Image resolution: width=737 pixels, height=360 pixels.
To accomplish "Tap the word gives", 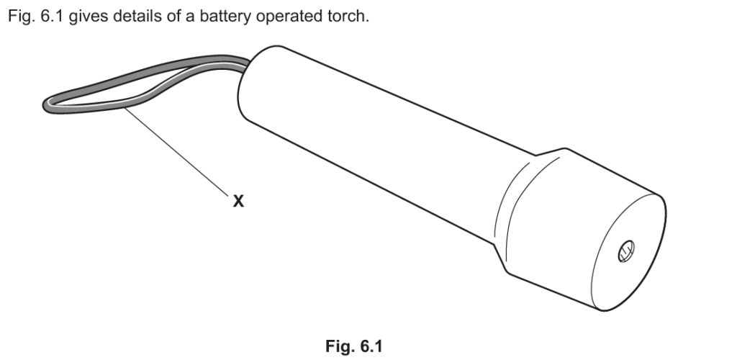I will [89, 16].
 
